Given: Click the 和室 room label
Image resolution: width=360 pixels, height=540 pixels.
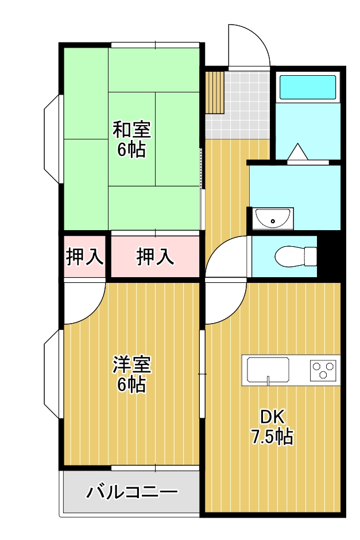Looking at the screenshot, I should pos(131,129).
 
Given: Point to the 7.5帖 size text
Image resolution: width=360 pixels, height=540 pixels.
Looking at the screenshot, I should pos(272,437).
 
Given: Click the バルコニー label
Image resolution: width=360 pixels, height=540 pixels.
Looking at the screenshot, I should pos(132,492).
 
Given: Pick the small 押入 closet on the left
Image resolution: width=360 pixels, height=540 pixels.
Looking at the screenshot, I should pos(84,257).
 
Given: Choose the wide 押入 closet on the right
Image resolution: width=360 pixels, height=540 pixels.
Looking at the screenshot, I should pos(155,257).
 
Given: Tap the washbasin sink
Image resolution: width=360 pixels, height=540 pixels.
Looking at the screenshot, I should pos(273,218).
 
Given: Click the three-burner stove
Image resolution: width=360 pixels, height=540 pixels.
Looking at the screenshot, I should pos(324,370).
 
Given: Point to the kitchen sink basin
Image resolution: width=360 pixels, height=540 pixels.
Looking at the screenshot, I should pos(268,370).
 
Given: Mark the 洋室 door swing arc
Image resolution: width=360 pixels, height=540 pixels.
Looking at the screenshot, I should pos(83,302).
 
